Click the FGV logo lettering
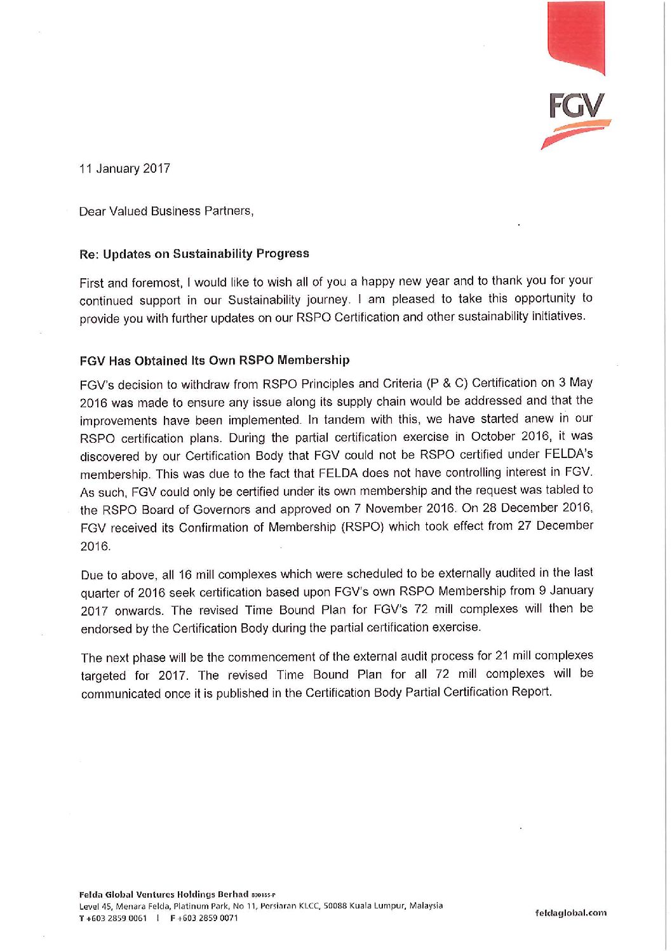[x=575, y=106]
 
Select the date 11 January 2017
[x=124, y=168]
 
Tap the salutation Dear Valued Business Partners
[x=166, y=211]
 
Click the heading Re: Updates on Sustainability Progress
[x=194, y=253]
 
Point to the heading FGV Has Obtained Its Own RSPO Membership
[x=215, y=360]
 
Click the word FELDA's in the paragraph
[x=568, y=454]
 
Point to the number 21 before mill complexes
[x=502, y=655]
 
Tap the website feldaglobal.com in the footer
[x=570, y=913]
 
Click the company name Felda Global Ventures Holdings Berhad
[x=163, y=894]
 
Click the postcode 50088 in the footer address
[x=335, y=906]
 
